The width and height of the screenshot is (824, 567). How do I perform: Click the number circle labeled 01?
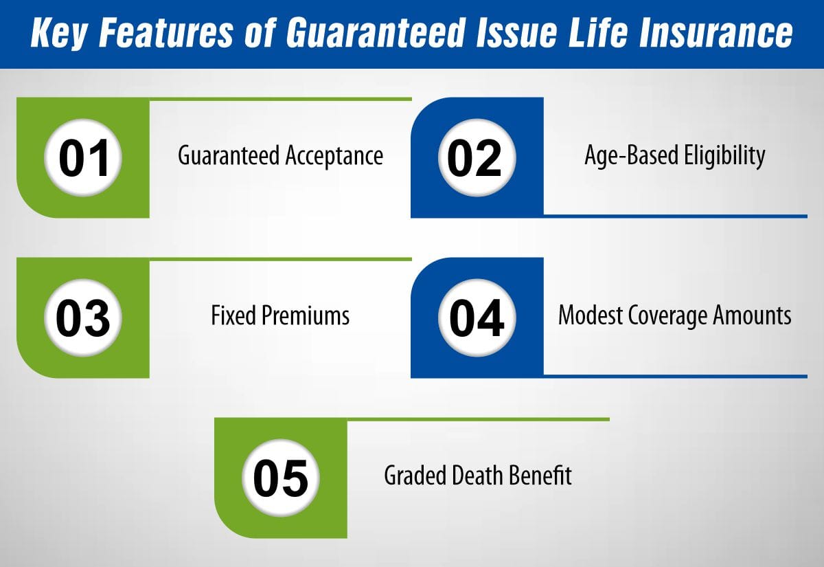pos(83,157)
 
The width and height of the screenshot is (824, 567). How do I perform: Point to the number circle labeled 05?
pos(281,478)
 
